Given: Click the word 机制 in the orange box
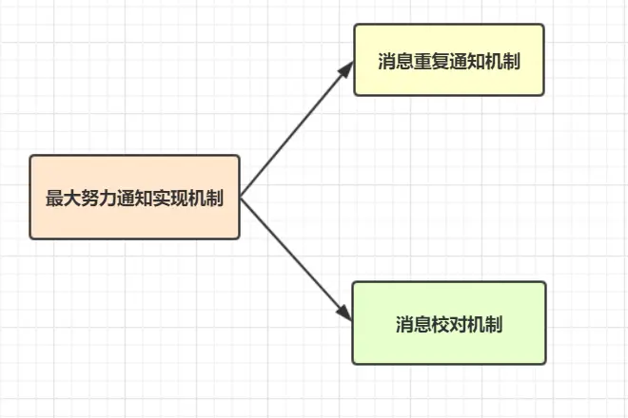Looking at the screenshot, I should tap(206, 199).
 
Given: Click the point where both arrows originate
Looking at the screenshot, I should tap(241, 198).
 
